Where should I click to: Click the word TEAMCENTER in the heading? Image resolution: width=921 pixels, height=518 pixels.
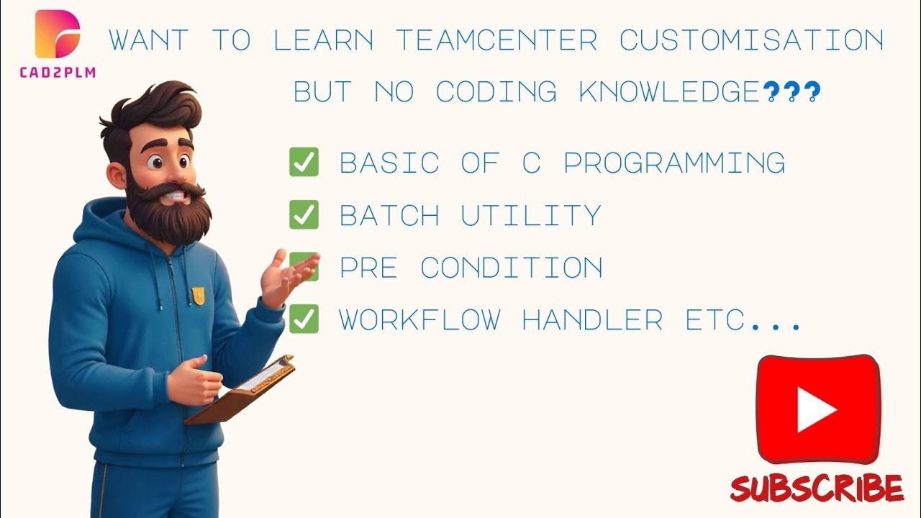pyautogui.click(x=496, y=40)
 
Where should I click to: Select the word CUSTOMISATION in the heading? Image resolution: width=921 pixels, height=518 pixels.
pyautogui.click(x=751, y=40)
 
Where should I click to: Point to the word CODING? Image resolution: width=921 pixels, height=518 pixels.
pyautogui.click(x=496, y=92)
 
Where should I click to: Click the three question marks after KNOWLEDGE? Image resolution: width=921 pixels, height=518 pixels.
pyautogui.click(x=791, y=92)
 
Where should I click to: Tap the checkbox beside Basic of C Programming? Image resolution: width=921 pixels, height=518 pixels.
pyautogui.click(x=304, y=163)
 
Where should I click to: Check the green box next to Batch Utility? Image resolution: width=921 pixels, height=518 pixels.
pyautogui.click(x=304, y=215)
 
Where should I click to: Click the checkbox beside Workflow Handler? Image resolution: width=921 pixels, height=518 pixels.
pyautogui.click(x=304, y=319)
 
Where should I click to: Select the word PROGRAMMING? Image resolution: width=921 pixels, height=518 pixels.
pyautogui.click(x=674, y=163)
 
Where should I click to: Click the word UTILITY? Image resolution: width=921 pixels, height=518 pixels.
pyautogui.click(x=530, y=215)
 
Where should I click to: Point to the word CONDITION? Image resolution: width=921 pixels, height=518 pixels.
pyautogui.click(x=512, y=268)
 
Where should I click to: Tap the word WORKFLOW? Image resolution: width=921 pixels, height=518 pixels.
pyautogui.click(x=419, y=320)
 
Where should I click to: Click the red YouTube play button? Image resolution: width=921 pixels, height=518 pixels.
pyautogui.click(x=818, y=409)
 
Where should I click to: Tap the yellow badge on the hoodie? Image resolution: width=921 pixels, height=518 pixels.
pyautogui.click(x=198, y=294)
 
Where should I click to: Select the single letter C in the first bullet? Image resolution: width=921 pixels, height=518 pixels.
pyautogui.click(x=531, y=163)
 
